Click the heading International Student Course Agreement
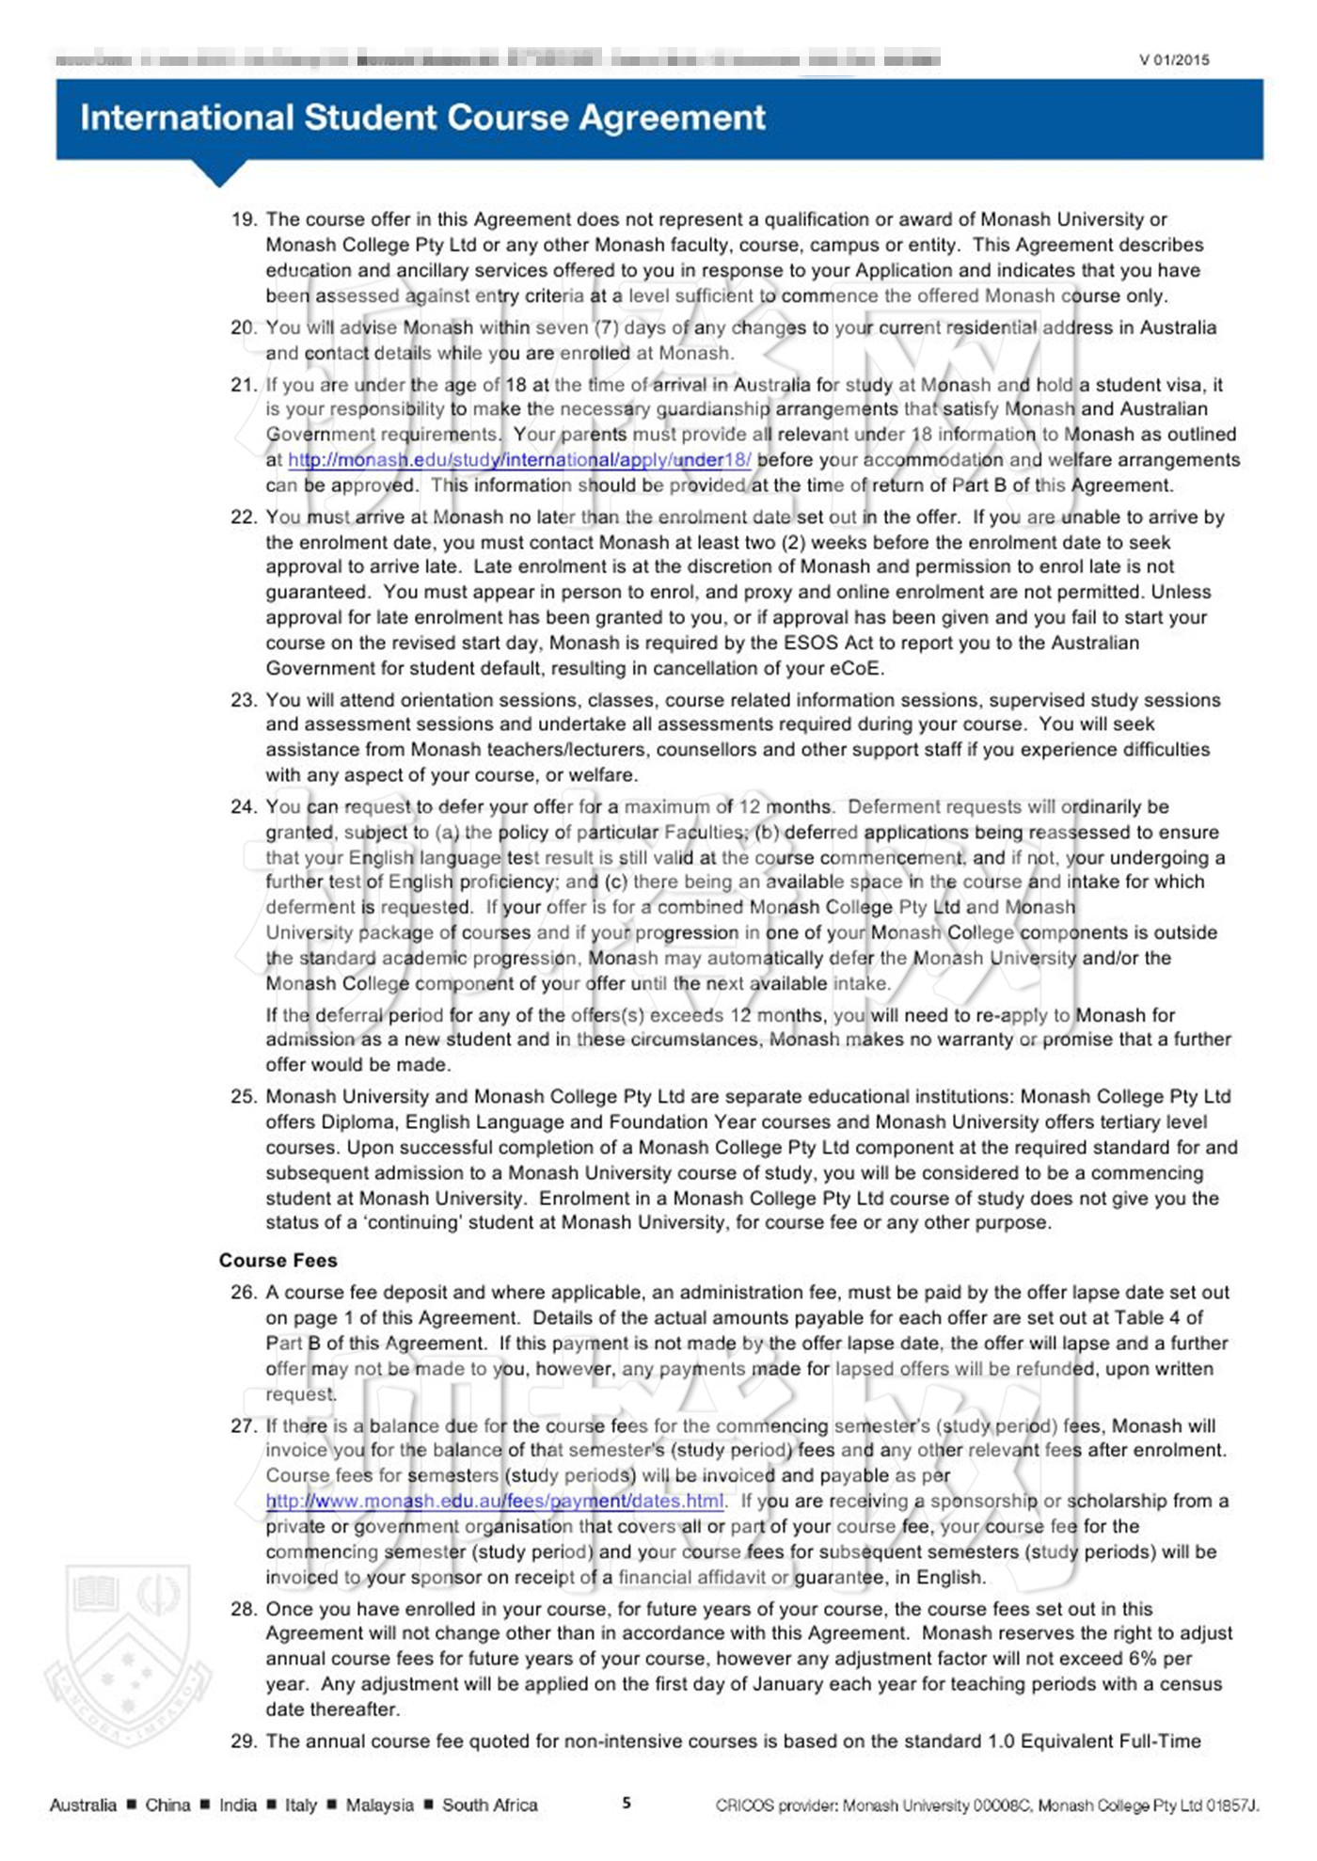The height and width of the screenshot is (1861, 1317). click(422, 119)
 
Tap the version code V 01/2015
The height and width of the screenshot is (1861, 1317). click(1174, 60)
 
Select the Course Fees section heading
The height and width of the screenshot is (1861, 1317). click(278, 1260)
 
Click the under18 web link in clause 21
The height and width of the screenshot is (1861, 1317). click(519, 460)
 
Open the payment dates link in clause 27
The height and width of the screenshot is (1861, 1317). click(495, 1501)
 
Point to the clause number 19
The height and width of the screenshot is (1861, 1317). click(244, 220)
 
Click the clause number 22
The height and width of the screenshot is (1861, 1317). click(244, 517)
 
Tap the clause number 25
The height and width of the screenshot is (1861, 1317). click(244, 1097)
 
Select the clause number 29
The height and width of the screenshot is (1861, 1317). click(244, 1742)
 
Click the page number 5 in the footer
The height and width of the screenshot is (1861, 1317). click(627, 1804)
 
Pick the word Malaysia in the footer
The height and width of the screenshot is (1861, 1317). click(379, 1805)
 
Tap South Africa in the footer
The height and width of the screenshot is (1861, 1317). click(489, 1805)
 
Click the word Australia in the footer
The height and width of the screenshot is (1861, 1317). click(83, 1805)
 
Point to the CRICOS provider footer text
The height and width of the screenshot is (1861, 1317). click(987, 1805)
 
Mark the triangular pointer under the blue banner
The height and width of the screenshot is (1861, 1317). click(219, 173)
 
